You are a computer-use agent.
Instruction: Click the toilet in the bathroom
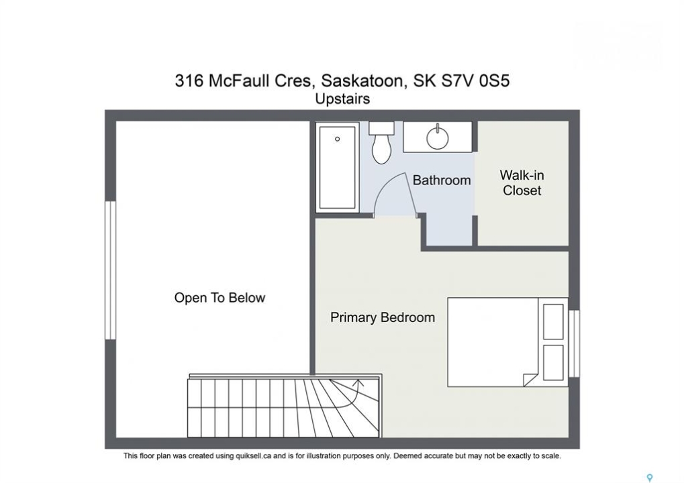(382, 142)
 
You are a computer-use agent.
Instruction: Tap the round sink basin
(437, 138)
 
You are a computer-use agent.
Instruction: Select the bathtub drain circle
(337, 139)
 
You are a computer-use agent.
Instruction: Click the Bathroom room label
(442, 180)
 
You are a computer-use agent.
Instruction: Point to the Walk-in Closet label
(522, 182)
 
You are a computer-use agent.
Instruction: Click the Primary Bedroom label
(383, 317)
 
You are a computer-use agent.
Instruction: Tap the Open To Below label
(220, 298)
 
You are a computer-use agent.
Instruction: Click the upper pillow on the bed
(553, 322)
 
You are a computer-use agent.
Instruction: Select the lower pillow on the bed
(553, 363)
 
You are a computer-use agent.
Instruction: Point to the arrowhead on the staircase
(358, 383)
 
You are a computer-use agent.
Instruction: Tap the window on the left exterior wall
(110, 270)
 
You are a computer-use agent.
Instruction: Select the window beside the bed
(575, 343)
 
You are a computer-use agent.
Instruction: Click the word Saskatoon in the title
(361, 80)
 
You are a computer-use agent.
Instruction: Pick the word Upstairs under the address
(342, 99)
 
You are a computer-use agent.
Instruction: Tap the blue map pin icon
(650, 478)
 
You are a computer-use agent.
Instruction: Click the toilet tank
(382, 127)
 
